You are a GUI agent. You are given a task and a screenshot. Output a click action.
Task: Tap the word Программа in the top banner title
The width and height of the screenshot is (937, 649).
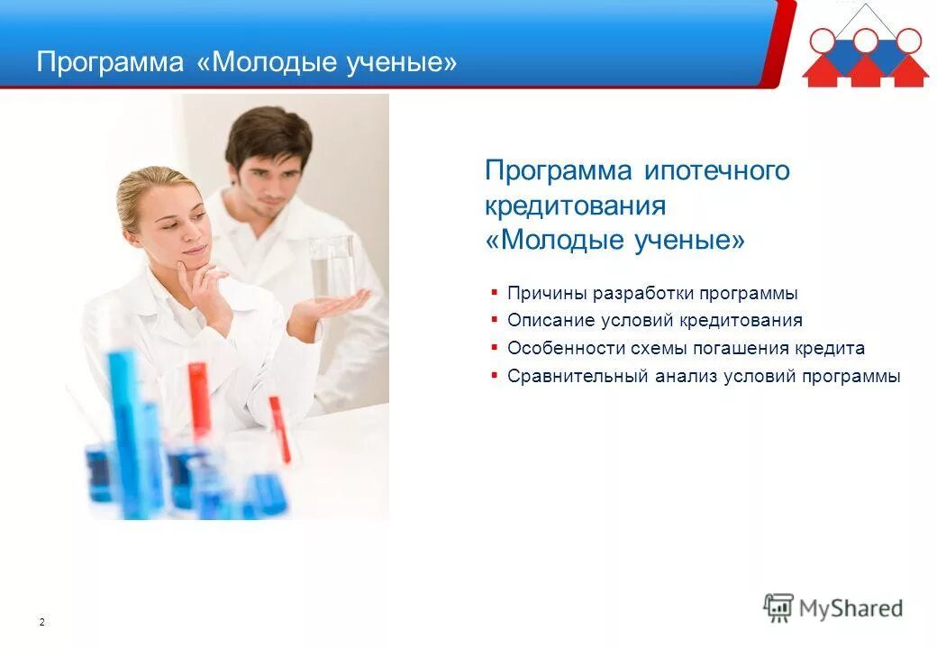coord(109,62)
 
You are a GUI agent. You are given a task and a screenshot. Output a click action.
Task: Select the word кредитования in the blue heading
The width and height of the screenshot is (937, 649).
coord(575,206)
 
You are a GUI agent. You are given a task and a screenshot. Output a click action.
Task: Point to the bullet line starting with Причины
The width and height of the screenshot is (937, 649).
coord(651,293)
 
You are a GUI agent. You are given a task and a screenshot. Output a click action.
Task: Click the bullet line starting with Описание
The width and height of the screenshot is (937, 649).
coord(654,320)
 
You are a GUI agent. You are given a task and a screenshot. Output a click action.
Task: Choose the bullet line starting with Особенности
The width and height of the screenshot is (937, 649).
coord(685,348)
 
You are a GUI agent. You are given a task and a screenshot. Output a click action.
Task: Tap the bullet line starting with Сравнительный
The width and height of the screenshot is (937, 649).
coord(703,376)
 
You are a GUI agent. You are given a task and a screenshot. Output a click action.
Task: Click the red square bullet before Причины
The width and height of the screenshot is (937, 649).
coord(495,292)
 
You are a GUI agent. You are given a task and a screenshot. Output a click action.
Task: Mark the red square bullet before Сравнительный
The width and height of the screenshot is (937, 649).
coord(495,375)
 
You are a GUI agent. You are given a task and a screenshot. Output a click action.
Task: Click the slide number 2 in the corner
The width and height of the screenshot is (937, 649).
coord(42,622)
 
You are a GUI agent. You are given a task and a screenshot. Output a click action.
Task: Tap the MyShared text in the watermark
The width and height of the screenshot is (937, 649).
coord(851,608)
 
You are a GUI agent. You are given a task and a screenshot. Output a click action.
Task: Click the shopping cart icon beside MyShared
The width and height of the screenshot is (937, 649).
coord(778,608)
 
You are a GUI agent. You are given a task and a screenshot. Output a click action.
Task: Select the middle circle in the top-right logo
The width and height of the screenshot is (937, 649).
coord(866,40)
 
